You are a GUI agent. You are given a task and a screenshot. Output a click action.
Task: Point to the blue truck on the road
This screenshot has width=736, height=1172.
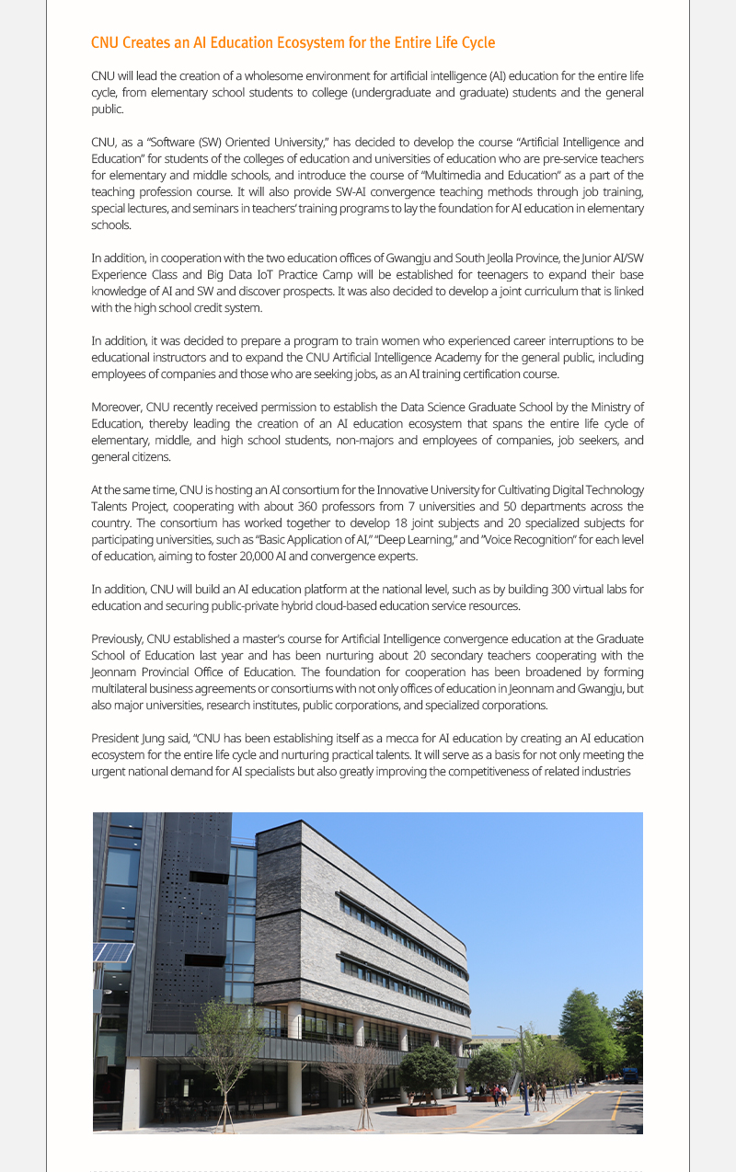pyautogui.click(x=629, y=1073)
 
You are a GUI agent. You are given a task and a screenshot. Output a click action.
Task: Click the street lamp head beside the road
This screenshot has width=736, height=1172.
pyautogui.click(x=501, y=1028)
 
